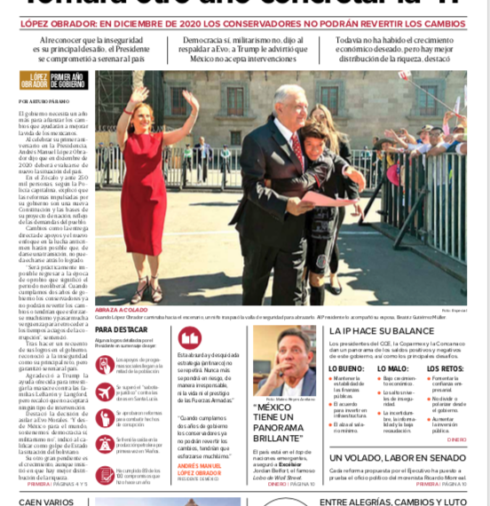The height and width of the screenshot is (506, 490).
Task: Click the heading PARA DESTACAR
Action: tap(121, 329)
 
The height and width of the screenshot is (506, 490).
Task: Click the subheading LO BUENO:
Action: tap(345, 368)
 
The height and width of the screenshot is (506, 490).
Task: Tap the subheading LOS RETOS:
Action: tap(445, 368)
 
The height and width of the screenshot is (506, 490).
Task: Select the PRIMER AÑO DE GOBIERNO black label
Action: tap(69, 81)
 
